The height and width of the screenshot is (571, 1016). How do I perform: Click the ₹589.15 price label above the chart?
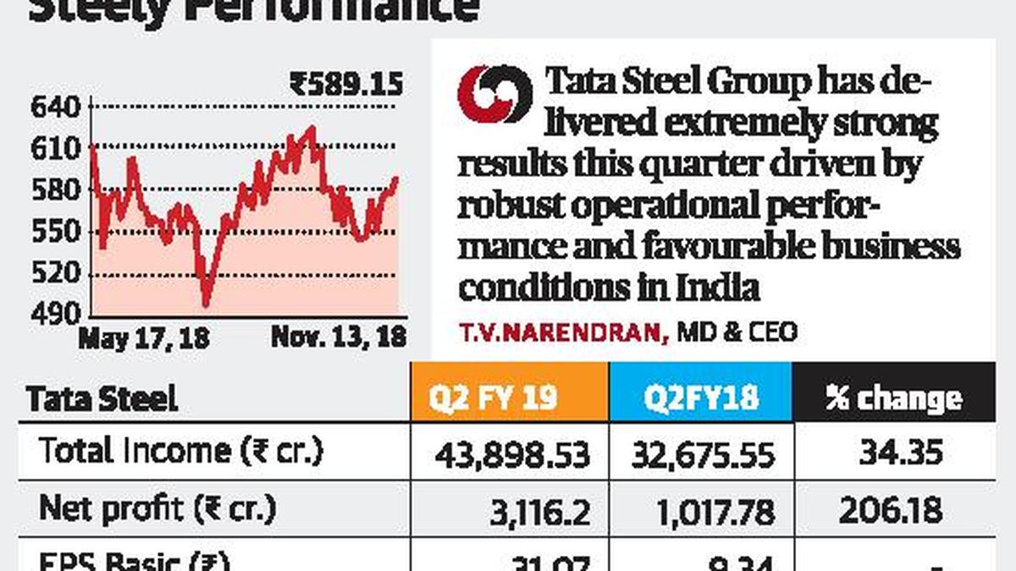click(x=346, y=85)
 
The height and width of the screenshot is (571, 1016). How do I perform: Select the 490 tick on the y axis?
click(x=55, y=315)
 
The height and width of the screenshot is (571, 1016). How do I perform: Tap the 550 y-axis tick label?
click(x=55, y=233)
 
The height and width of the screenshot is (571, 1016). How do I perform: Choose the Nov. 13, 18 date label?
click(x=338, y=338)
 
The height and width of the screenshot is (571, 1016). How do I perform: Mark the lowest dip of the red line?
click(x=206, y=304)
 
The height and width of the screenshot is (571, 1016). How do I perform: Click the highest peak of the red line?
click(x=312, y=129)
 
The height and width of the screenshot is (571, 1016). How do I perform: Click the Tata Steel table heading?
click(x=102, y=398)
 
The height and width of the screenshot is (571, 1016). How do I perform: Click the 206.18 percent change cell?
click(x=891, y=511)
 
